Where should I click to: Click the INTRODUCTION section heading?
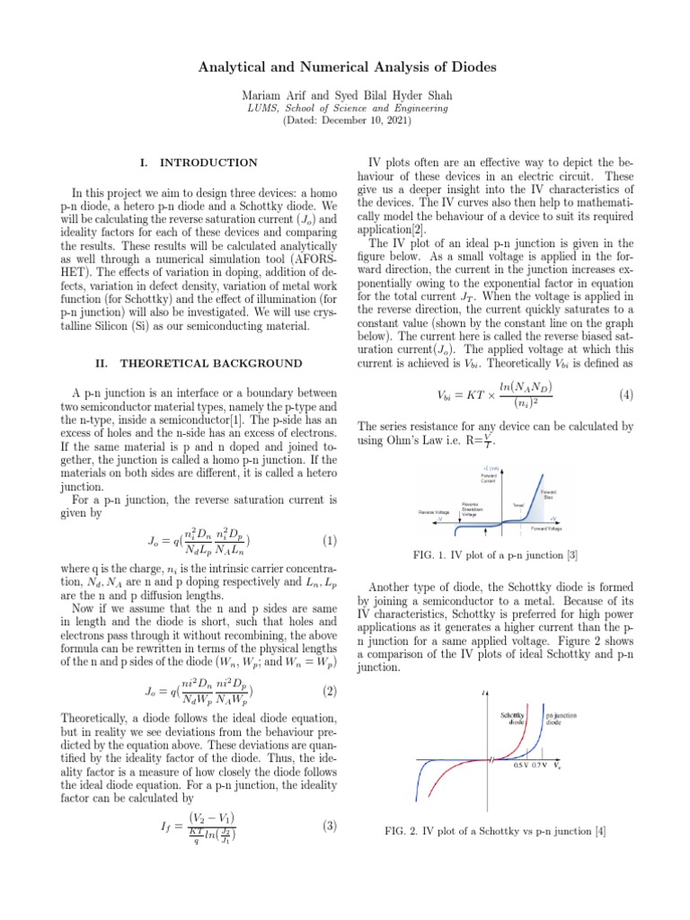pyautogui.click(x=208, y=163)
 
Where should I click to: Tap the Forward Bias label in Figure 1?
pyautogui.click(x=548, y=494)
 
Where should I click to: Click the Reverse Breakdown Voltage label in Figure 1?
pyautogui.click(x=471, y=509)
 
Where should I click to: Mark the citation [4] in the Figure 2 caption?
pyautogui.click(x=599, y=831)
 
